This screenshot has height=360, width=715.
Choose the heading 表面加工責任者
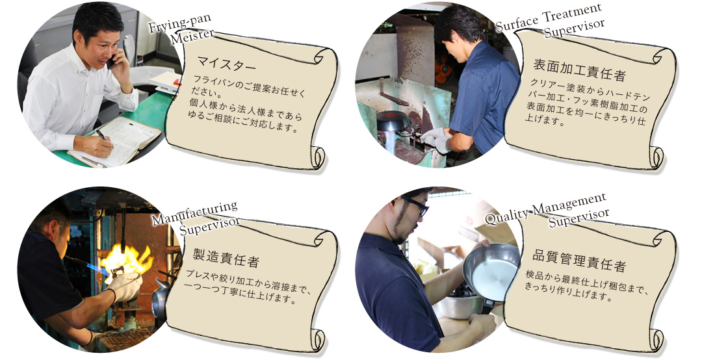[579, 68]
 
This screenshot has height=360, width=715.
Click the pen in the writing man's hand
[101, 135]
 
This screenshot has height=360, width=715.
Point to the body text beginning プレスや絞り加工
[247, 287]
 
